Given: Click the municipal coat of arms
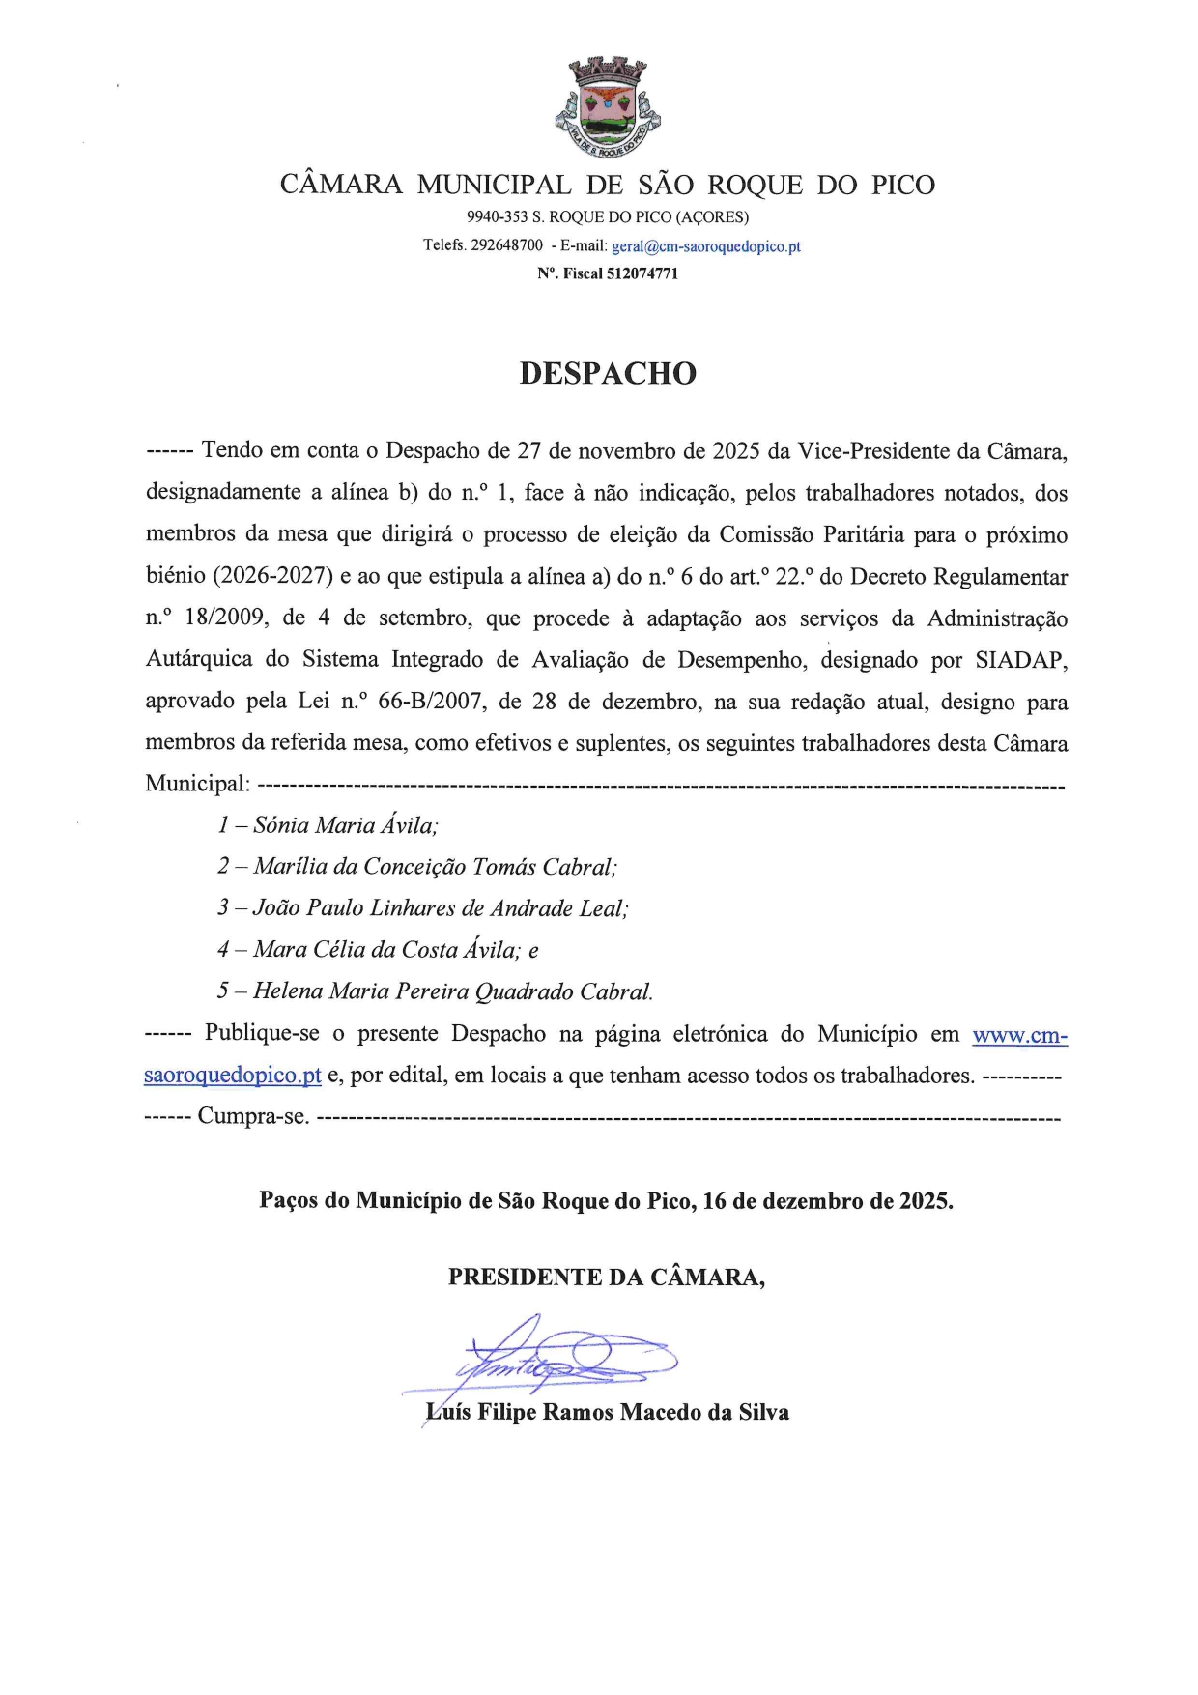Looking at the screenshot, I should tap(608, 106).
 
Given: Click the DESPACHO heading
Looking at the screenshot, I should tap(608, 374).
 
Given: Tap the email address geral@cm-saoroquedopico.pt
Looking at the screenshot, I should tap(706, 246).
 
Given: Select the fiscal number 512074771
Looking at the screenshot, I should tap(642, 274).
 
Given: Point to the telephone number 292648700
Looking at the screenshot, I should tap(506, 245).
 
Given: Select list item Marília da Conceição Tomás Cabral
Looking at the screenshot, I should tap(435, 867).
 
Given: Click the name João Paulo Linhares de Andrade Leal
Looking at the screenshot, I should tap(440, 908).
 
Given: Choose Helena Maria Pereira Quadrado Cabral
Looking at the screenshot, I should tap(452, 991).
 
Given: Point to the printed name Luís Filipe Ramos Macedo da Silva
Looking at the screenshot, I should tap(608, 1413).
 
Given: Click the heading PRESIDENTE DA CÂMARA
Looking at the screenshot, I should tap(606, 1278).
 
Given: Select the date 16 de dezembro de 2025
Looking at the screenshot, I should tap(827, 1201).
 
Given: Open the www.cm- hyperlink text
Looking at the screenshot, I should tap(1019, 1035).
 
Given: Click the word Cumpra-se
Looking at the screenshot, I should tap(253, 1117).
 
